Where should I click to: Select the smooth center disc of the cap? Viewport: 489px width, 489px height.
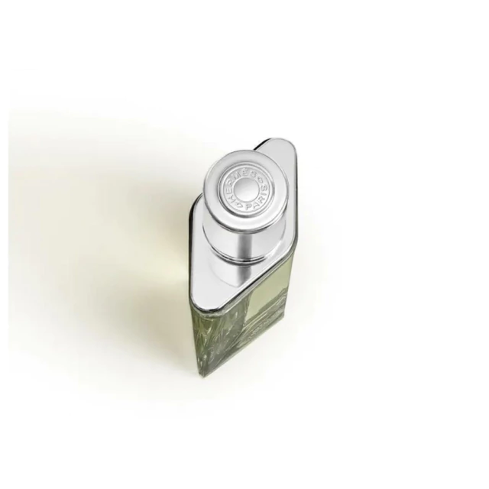244,191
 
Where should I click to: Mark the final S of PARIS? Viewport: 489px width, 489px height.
265,188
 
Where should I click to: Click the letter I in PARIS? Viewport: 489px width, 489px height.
262,196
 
